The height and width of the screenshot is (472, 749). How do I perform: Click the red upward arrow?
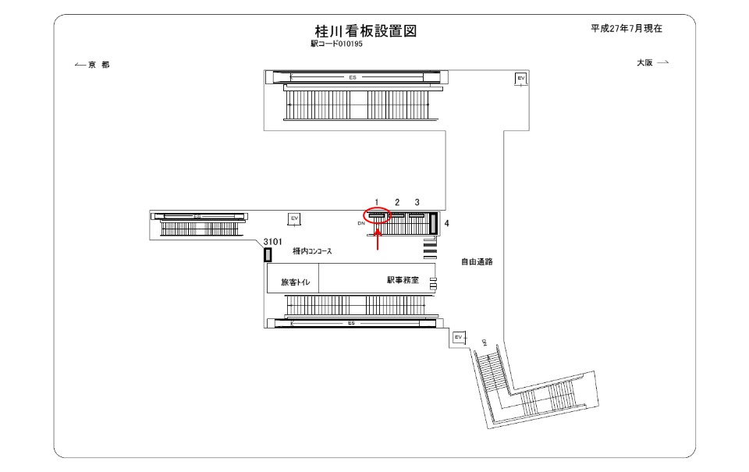pyautogui.click(x=378, y=239)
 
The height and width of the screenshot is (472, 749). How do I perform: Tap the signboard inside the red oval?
pyautogui.click(x=378, y=215)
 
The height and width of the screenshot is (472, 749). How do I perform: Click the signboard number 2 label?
pyautogui.click(x=397, y=202)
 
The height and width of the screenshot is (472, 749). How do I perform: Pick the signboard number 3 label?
pyautogui.click(x=417, y=202)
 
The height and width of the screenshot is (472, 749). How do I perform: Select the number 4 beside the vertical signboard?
pyautogui.click(x=446, y=223)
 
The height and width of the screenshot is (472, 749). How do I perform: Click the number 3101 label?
pyautogui.click(x=273, y=242)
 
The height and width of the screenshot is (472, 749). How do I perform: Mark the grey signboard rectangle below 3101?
pyautogui.click(x=268, y=254)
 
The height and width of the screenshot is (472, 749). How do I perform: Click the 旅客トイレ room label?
pyautogui.click(x=295, y=282)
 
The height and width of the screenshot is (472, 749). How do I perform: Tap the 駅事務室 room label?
pyautogui.click(x=403, y=279)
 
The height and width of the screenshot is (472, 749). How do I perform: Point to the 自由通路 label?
pyautogui.click(x=476, y=262)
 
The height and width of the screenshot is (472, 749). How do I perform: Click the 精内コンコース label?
pyautogui.click(x=313, y=252)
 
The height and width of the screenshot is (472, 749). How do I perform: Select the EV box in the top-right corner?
pyautogui.click(x=520, y=78)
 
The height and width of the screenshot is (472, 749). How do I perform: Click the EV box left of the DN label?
pyautogui.click(x=293, y=218)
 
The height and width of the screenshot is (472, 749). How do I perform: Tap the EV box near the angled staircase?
pyautogui.click(x=459, y=337)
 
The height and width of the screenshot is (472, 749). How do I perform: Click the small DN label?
pyautogui.click(x=361, y=223)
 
